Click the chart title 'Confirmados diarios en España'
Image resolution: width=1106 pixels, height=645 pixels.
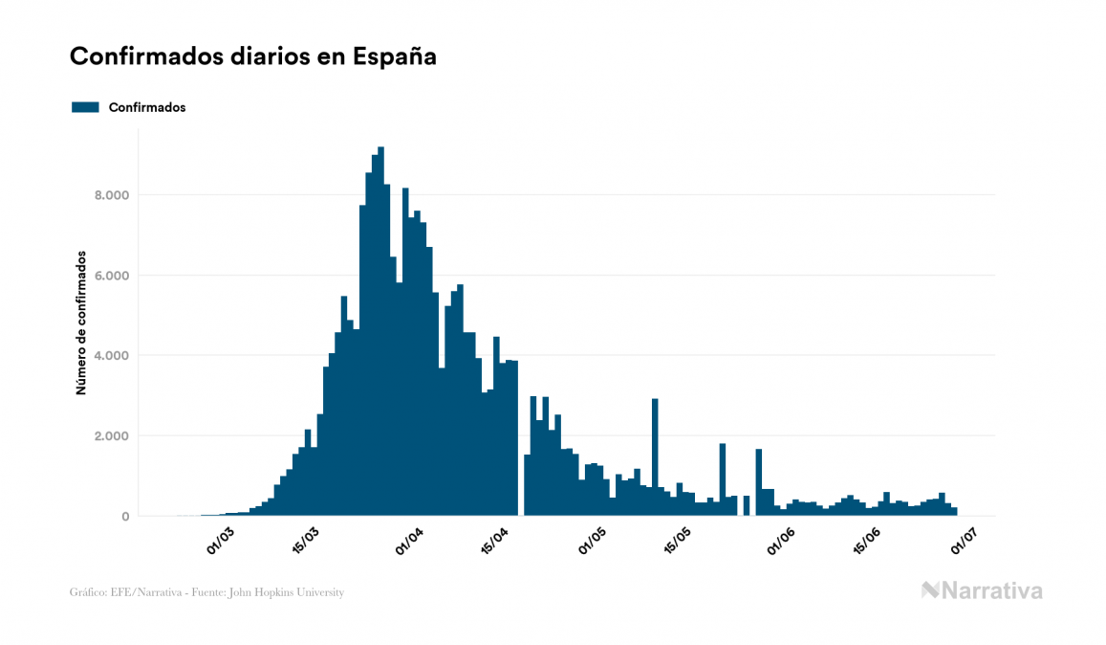tap(253, 56)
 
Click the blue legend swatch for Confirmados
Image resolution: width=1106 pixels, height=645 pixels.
tap(85, 107)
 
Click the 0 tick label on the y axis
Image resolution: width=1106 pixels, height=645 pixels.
tap(124, 517)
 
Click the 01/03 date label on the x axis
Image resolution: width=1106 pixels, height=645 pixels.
tap(220, 541)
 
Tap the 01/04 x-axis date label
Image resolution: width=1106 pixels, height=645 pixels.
tap(409, 541)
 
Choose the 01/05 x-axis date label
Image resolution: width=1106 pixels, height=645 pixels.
tap(596, 541)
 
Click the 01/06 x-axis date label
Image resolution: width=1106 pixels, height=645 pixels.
tap(783, 541)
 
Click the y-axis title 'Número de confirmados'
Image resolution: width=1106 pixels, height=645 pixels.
tap(82, 323)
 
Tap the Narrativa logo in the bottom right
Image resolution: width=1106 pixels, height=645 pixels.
tap(982, 590)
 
